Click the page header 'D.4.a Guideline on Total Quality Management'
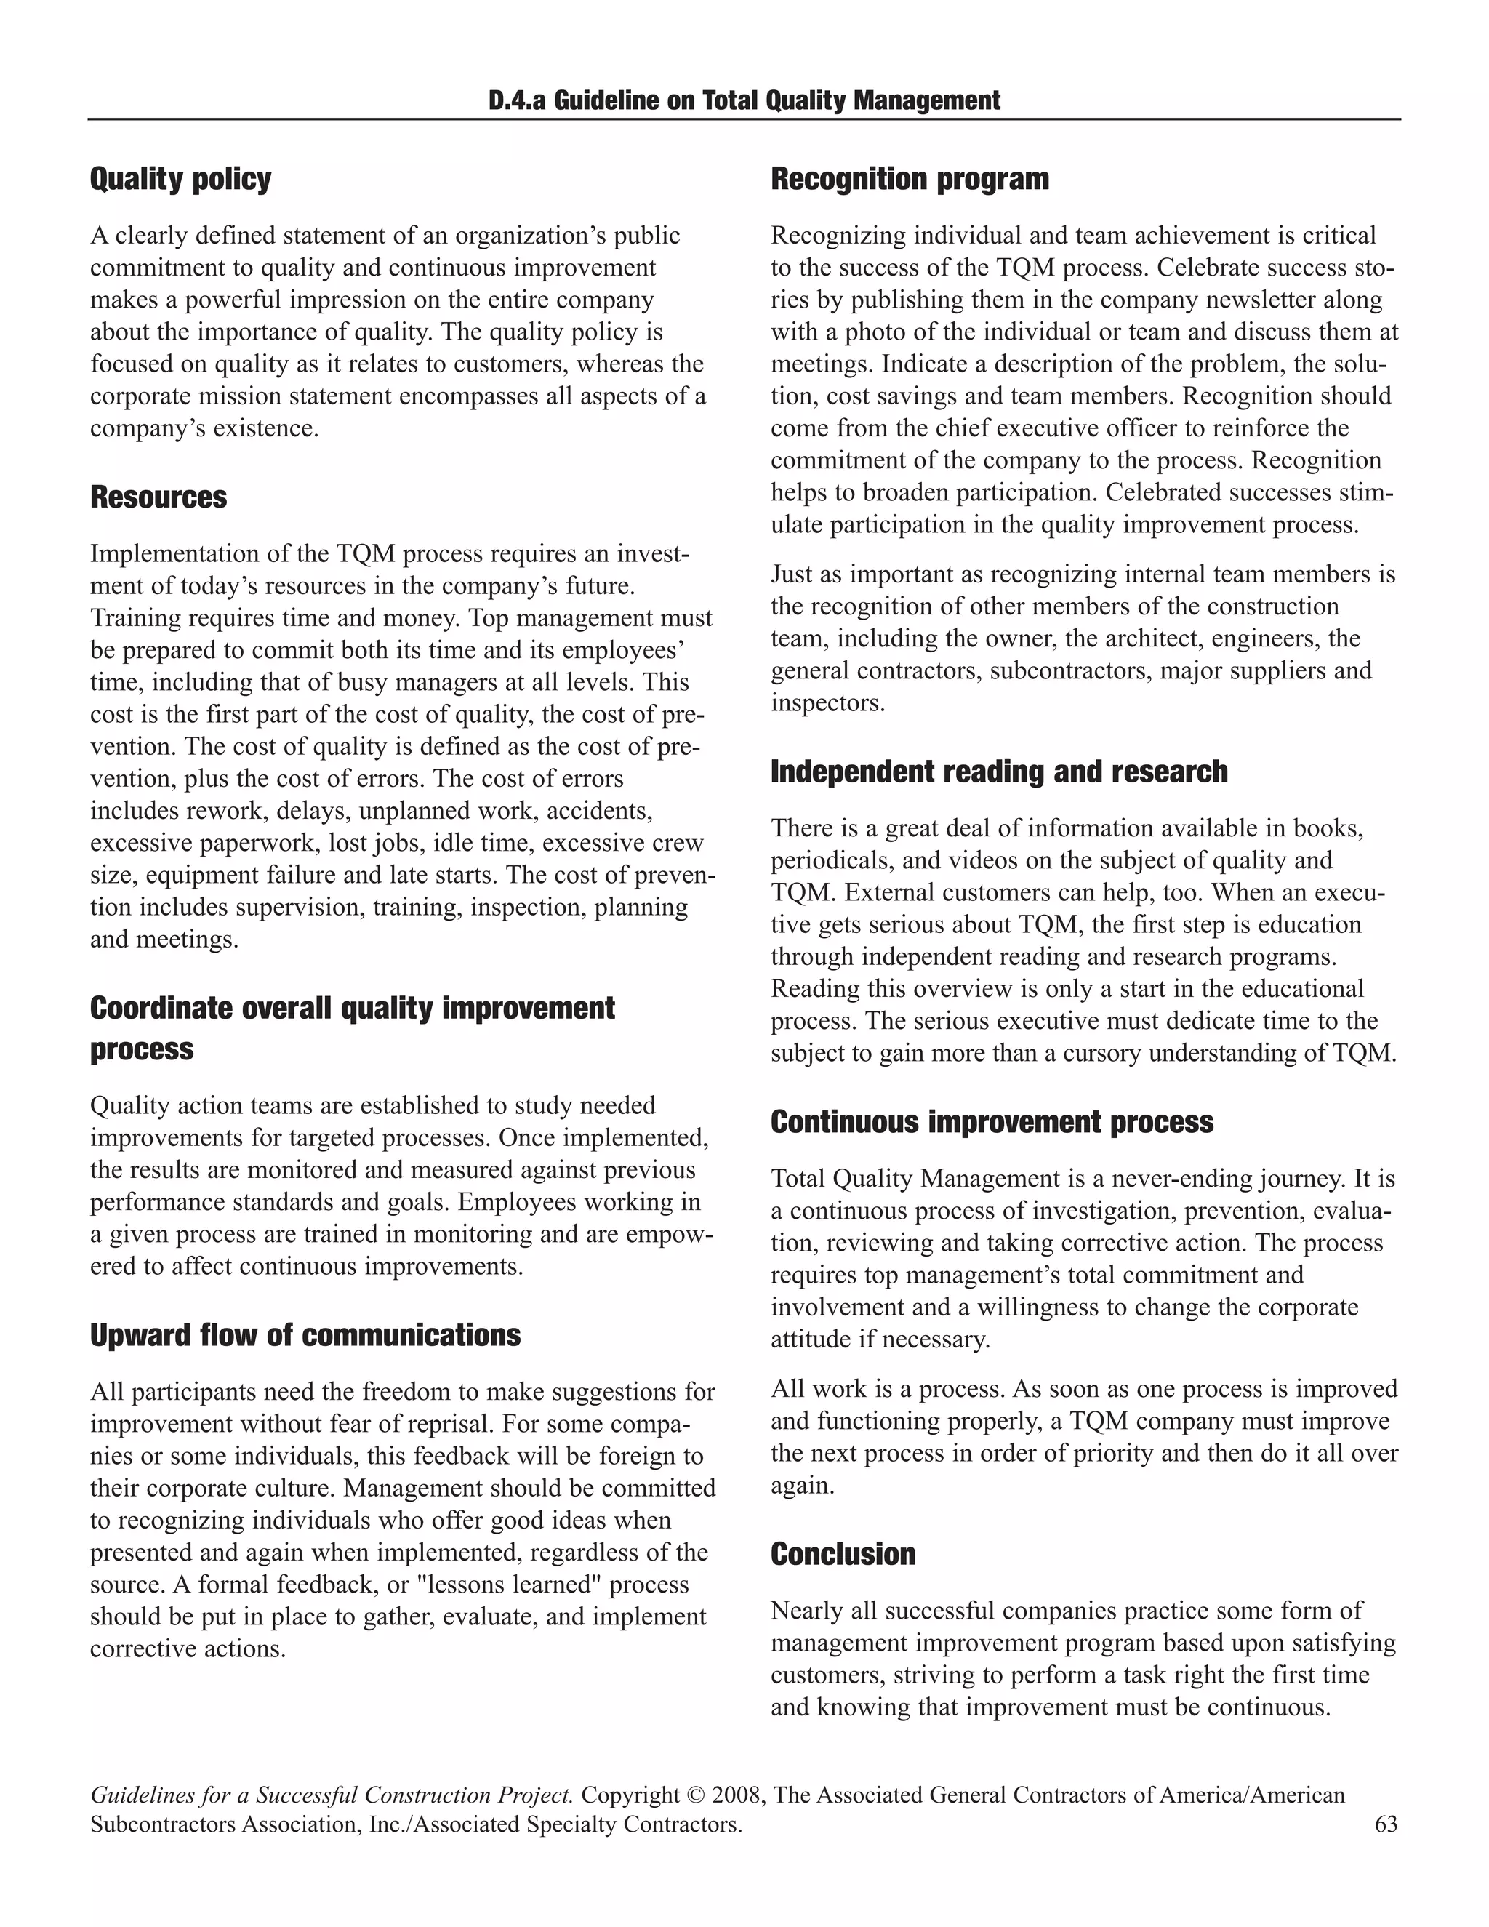(x=744, y=100)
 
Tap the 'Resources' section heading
(x=158, y=497)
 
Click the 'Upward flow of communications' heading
(x=305, y=1335)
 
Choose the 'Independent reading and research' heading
(x=998, y=772)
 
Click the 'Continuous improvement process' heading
(x=992, y=1122)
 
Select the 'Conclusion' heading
(x=843, y=1554)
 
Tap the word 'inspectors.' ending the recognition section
(x=827, y=703)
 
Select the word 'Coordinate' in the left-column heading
(x=161, y=1009)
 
